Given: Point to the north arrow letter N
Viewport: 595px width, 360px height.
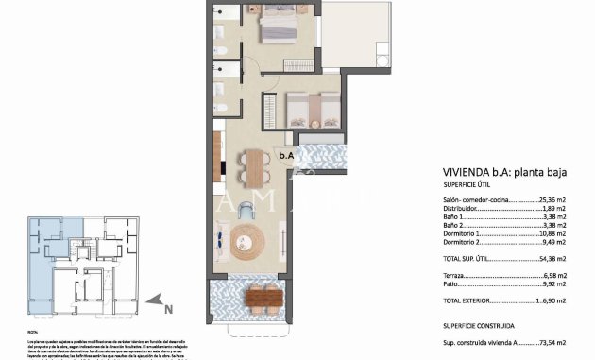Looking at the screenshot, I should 167,307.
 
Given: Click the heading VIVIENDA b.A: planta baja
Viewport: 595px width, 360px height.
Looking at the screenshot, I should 501,173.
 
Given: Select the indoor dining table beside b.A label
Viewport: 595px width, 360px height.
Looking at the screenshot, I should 253,169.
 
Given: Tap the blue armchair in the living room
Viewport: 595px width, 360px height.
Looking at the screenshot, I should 246,209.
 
